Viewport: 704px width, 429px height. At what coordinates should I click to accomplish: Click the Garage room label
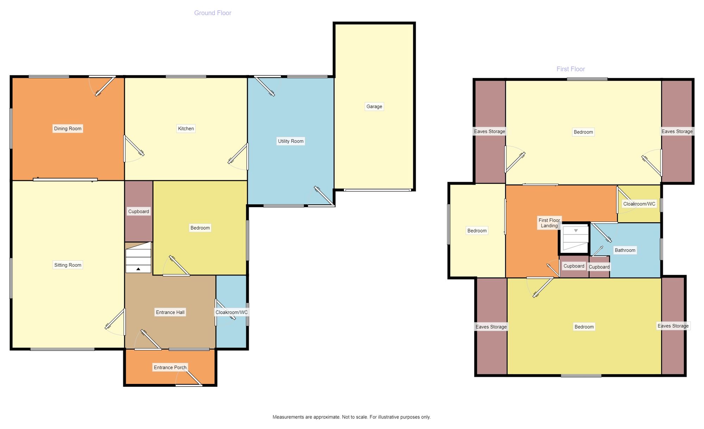pos(374,106)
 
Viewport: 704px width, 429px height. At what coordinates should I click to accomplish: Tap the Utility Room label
pos(291,141)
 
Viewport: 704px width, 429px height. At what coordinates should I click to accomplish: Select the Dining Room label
pos(68,129)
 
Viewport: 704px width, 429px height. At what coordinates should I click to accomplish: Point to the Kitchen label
pos(186,129)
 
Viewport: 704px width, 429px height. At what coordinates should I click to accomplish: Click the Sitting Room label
pos(68,265)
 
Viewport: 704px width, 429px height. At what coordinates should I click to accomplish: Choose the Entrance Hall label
pos(170,312)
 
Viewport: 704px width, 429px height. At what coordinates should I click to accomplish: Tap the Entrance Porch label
pos(170,367)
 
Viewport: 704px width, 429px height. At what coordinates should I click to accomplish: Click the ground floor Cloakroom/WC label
pos(232,312)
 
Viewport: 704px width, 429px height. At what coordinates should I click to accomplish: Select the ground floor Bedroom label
pos(200,228)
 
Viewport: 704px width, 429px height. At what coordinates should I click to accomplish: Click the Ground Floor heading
pos(213,13)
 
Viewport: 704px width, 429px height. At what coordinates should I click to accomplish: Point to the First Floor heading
pos(571,69)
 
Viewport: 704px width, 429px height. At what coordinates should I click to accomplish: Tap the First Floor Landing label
pos(549,223)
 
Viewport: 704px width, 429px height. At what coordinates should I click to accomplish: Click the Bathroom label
pos(625,250)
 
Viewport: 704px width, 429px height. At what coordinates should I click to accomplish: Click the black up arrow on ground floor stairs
pos(138,269)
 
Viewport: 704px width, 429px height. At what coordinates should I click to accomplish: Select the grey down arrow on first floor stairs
pos(576,231)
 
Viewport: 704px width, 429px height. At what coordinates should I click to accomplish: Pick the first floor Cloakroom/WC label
pos(639,204)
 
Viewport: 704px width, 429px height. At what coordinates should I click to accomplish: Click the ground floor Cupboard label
pos(139,211)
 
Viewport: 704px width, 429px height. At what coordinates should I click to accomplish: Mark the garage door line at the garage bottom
pos(377,190)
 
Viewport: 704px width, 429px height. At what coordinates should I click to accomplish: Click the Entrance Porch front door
pos(189,385)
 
